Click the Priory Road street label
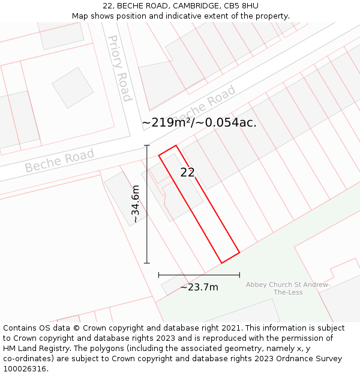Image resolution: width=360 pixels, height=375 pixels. [119, 68]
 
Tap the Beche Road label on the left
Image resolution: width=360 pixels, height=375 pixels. [59, 160]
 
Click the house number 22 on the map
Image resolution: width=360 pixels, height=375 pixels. [187, 173]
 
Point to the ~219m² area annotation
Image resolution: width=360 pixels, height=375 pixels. [199, 122]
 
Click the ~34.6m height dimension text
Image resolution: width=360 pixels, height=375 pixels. [136, 204]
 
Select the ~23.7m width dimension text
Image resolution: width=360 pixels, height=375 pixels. [199, 287]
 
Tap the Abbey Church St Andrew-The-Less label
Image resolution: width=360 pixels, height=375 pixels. [288, 288]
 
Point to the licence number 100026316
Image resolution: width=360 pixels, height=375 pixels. [25, 369]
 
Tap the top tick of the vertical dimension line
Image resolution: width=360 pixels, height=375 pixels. [147, 145]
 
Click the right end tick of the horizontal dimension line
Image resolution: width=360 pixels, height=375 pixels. [239, 275]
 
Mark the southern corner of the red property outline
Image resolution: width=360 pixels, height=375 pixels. [222, 263]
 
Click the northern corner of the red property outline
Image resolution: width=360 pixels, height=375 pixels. [176, 145]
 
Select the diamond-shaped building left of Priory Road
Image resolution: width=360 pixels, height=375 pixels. [73, 88]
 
